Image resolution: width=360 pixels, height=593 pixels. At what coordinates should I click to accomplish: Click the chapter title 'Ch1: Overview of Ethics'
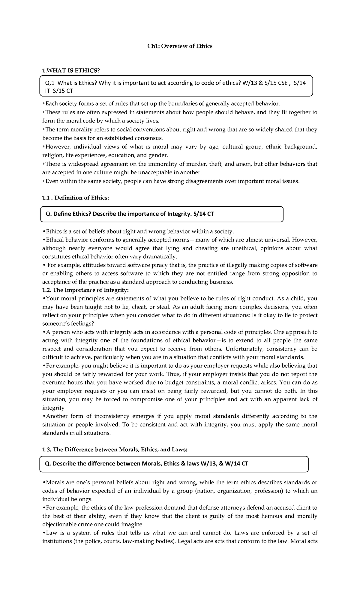click(x=179, y=46)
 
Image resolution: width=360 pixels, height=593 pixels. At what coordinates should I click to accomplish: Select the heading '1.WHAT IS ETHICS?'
click(x=70, y=70)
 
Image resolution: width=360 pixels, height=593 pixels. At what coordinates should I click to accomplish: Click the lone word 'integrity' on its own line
click(x=53, y=408)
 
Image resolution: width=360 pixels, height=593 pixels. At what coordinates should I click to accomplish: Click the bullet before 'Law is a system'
click(x=44, y=533)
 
